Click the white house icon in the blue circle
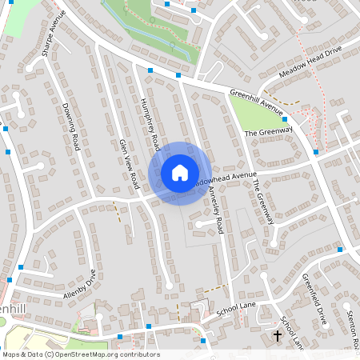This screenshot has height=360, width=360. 180,173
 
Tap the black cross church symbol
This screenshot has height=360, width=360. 278,336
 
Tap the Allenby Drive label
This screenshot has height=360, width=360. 80,285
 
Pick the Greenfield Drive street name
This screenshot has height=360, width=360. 315,298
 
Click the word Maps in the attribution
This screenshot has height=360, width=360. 12,354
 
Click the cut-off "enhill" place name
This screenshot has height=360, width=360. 14,308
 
